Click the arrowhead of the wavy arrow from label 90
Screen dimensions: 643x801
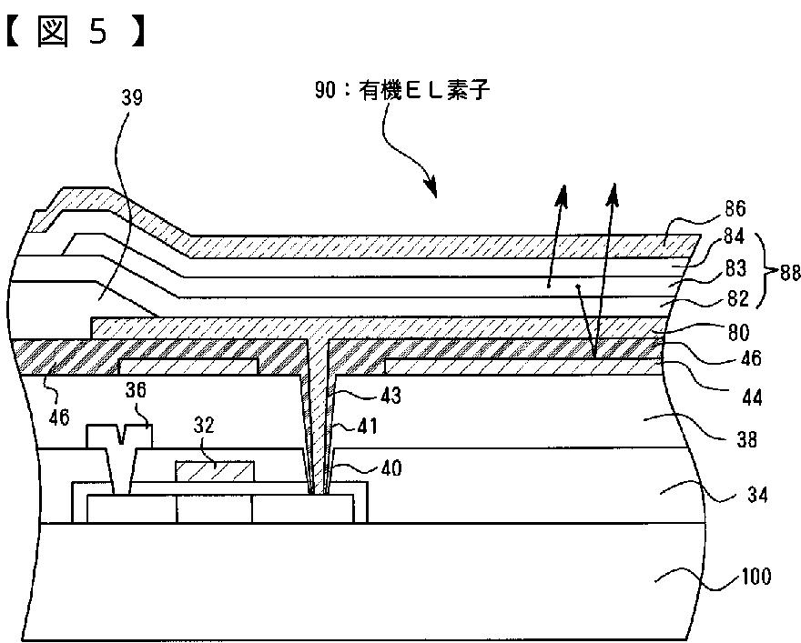(431, 191)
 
